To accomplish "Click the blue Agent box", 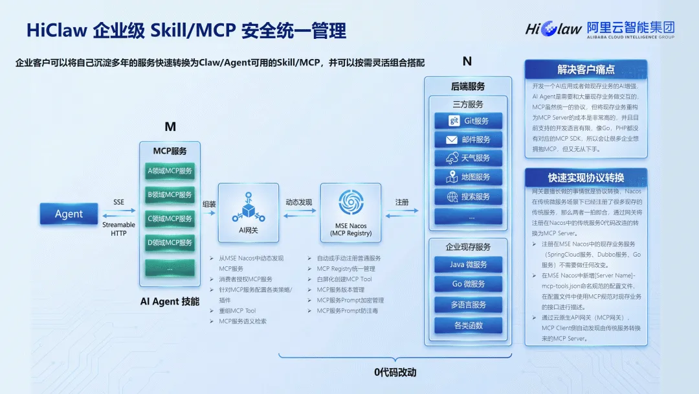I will [x=69, y=214].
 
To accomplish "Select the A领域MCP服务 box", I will [x=170, y=171].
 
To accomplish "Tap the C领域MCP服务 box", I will [x=170, y=219].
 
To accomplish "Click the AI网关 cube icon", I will [x=248, y=206].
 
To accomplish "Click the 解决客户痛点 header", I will [x=586, y=69].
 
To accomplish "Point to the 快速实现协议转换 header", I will [x=586, y=178].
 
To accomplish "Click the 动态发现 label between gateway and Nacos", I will [x=299, y=202].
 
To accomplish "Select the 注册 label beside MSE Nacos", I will [x=402, y=202].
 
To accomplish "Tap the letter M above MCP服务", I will [x=170, y=127].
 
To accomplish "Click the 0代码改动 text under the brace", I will [x=395, y=373].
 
